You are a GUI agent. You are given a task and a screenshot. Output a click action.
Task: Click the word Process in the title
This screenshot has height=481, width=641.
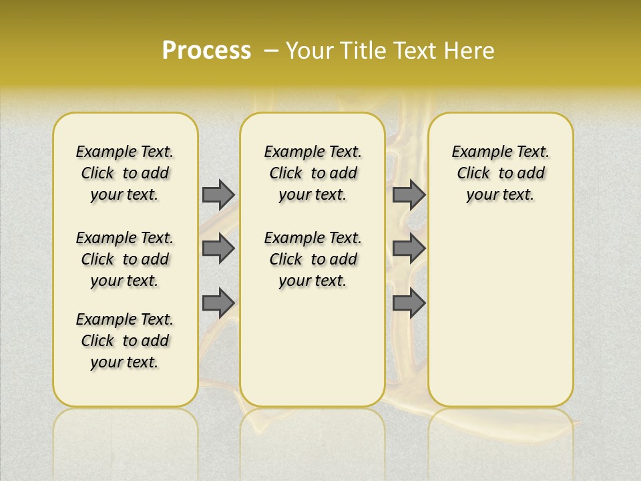coord(206,51)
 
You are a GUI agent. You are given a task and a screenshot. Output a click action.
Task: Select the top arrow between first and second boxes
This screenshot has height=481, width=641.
coord(218,194)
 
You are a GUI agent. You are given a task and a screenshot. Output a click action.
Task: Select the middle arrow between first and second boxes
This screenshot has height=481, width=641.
coord(218,249)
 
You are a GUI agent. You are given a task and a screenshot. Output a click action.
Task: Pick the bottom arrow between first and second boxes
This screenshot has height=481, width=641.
coord(218,303)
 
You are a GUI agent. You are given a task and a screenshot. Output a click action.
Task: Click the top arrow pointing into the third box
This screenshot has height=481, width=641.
coord(409,194)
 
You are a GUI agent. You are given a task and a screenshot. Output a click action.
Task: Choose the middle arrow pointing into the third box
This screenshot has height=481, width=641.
coord(409,249)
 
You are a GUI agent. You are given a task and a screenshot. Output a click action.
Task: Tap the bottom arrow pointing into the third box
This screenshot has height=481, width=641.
coord(409,303)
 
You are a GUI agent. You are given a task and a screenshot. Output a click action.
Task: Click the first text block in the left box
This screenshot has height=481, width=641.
coord(125,173)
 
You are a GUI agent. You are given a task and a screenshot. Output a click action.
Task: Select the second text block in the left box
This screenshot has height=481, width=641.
coord(125,259)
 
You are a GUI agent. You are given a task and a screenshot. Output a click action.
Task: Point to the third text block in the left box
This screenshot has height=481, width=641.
coord(125,341)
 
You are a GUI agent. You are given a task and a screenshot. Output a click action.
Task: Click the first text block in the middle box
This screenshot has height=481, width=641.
coord(313,173)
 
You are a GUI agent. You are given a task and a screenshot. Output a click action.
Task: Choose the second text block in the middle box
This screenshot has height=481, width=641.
coord(313,259)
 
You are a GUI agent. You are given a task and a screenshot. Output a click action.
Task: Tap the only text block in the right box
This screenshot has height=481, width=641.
coord(501,173)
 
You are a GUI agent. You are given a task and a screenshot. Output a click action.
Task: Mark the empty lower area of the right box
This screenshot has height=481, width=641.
coord(501,314)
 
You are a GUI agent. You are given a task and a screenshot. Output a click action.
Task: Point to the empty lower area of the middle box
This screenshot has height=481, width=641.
coord(313,347)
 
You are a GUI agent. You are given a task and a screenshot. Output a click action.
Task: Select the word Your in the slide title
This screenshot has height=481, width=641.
coord(310,51)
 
